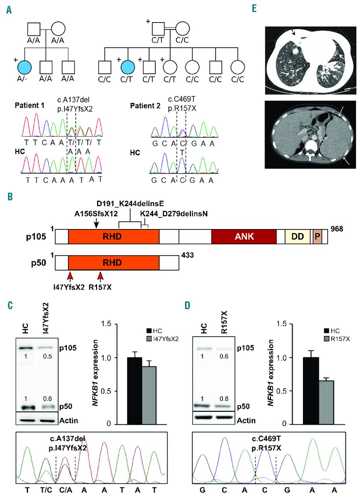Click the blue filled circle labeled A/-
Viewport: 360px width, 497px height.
[x=24, y=67]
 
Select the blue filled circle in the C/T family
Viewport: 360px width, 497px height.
[x=128, y=67]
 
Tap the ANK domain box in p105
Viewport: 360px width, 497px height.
[x=244, y=236]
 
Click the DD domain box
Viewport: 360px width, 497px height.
[x=297, y=236]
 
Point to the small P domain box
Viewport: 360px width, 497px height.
[x=317, y=236]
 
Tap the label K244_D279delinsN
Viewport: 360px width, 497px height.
[x=174, y=214]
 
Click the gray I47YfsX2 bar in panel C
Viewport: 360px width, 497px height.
[x=149, y=395]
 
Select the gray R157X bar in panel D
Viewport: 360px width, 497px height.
[x=326, y=403]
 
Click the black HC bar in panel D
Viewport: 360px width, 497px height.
[x=311, y=391]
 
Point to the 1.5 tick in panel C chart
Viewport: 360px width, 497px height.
[x=106, y=324]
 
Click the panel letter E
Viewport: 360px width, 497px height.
[x=254, y=9]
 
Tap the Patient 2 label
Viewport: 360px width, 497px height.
[x=145, y=106]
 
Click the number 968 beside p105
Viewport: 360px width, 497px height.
[x=337, y=229]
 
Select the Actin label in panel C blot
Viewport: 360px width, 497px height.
[x=69, y=421]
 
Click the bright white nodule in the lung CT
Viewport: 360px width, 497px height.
[x=295, y=51]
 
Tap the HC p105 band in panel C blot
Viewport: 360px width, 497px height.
[x=26, y=348]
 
